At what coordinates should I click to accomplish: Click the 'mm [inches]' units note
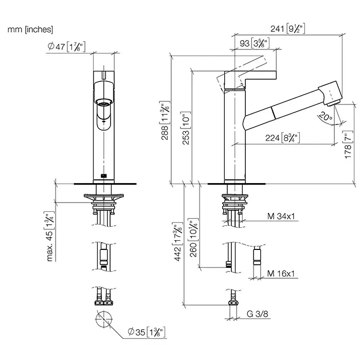[x=30, y=30]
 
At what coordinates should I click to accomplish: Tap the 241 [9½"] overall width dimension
[x=289, y=29]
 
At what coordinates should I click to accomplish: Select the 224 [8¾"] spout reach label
[x=283, y=137]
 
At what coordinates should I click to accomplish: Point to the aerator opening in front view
[x=104, y=102]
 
